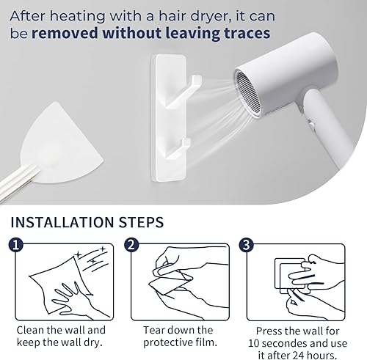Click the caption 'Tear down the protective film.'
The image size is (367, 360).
pos(178,337)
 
